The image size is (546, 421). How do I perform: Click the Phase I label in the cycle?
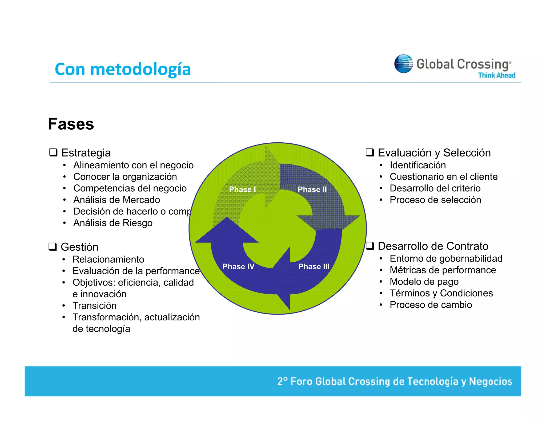tap(242, 189)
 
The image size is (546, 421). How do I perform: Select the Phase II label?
tap(312, 189)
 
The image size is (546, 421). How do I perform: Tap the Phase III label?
tap(314, 266)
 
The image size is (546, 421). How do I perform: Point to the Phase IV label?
tap(238, 266)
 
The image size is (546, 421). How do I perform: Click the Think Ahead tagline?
tap(496, 75)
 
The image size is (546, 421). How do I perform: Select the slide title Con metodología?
tap(123, 69)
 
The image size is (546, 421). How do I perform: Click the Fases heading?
tap(71, 124)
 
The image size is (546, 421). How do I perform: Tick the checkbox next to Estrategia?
tap(53, 152)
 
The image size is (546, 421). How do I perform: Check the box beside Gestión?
tap(53, 247)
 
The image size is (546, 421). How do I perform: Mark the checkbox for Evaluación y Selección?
tap(370, 152)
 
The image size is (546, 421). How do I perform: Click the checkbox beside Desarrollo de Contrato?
tap(370, 246)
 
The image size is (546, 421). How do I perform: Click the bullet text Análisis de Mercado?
tap(117, 200)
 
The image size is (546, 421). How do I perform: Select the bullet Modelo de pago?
tap(424, 282)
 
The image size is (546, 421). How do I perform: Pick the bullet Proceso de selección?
tap(435, 200)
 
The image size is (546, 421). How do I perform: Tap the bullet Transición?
tap(94, 306)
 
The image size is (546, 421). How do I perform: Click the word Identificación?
tap(417, 165)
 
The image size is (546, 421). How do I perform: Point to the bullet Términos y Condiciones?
tap(441, 293)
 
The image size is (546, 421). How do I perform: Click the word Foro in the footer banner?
tap(301, 381)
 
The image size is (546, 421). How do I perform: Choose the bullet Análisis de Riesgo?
tap(113, 223)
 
